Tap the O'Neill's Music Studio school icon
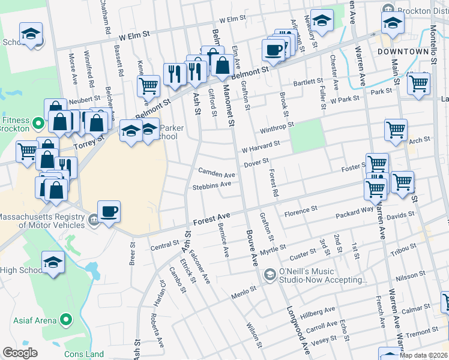(x=270, y=274)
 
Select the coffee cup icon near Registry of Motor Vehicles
(x=109, y=212)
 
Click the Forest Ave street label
(x=212, y=217)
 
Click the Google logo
(x=20, y=353)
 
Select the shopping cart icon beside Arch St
(x=396, y=130)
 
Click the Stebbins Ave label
(x=211, y=186)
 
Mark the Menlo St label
(x=244, y=292)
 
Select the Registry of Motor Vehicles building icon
(x=93, y=220)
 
